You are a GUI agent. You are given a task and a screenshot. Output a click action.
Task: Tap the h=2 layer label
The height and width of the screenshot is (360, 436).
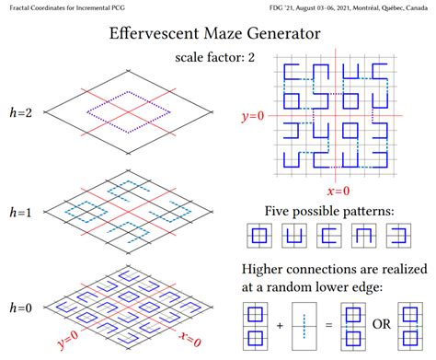point(23,112)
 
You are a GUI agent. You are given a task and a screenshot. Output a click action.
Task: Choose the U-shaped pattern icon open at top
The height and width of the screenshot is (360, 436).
point(294,236)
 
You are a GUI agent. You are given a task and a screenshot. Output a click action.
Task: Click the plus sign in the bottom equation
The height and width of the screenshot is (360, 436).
point(280,323)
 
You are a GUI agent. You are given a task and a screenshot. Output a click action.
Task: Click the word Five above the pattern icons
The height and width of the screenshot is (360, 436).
point(281,211)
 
